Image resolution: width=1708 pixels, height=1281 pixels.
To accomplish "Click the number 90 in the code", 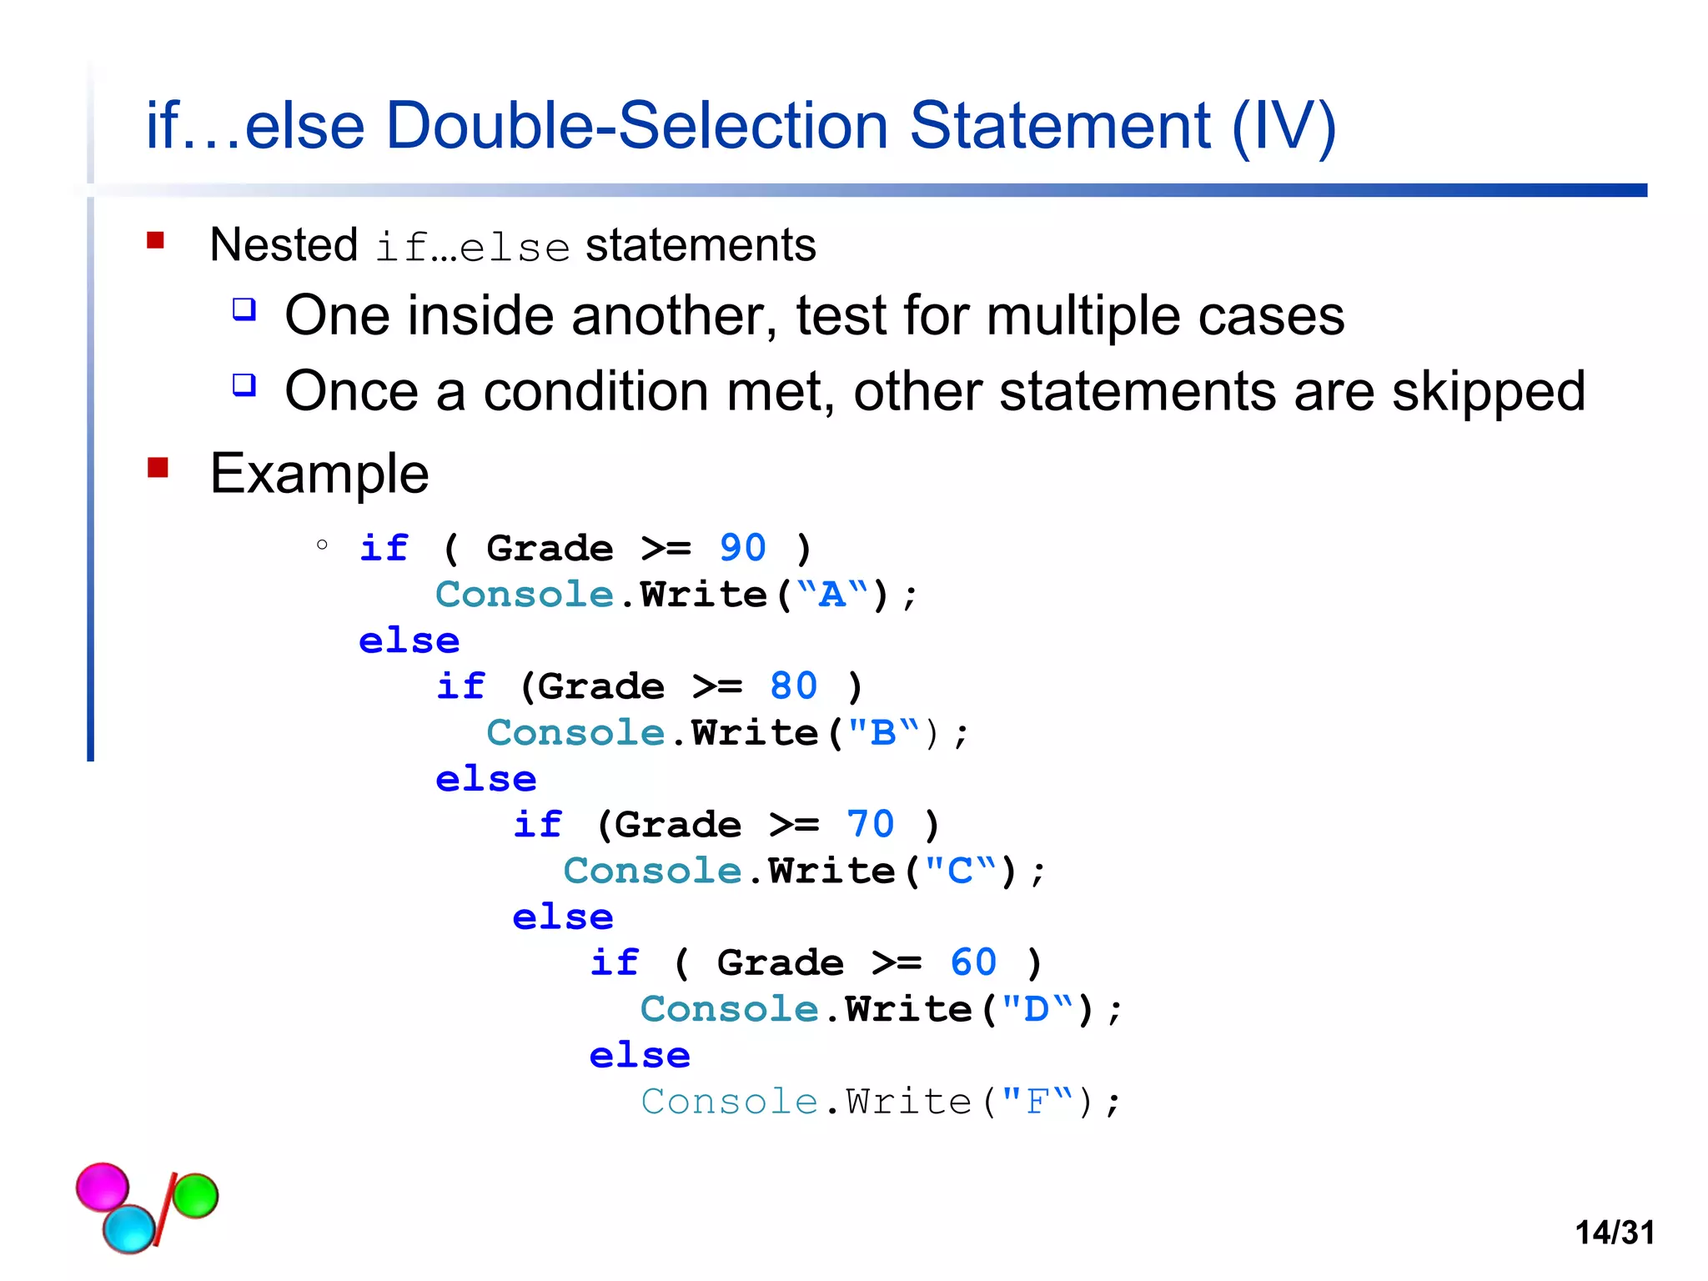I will coord(742,548).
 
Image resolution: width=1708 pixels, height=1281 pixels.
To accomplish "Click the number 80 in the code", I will coord(793,686).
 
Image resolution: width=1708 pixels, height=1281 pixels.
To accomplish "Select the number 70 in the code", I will coord(870,825).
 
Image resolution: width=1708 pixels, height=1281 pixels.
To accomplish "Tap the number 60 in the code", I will coord(972,962).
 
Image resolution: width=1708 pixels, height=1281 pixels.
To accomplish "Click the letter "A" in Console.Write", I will coord(831,595).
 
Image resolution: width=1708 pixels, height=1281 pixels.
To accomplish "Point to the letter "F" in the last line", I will coord(1037,1102).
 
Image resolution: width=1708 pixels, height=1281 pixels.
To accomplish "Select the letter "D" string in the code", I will coord(1037,1009).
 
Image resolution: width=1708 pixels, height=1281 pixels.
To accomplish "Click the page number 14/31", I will coord(1615,1232).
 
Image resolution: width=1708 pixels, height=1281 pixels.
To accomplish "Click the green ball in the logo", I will coord(195,1195).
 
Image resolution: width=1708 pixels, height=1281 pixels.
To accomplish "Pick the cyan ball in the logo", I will coord(129,1228).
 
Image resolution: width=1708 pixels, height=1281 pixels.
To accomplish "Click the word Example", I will coord(319,474).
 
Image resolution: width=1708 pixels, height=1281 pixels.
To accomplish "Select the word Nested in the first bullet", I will coord(284,245).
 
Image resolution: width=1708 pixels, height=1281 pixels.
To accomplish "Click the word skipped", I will coord(1489,391).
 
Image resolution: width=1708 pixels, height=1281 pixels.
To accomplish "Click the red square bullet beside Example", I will coord(158,468).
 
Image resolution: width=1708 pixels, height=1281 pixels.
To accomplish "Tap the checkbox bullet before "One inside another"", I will coord(244,309).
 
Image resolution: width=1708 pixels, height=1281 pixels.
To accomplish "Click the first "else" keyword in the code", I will coord(409,640).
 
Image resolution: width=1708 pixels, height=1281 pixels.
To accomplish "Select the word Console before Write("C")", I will coord(652,871).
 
